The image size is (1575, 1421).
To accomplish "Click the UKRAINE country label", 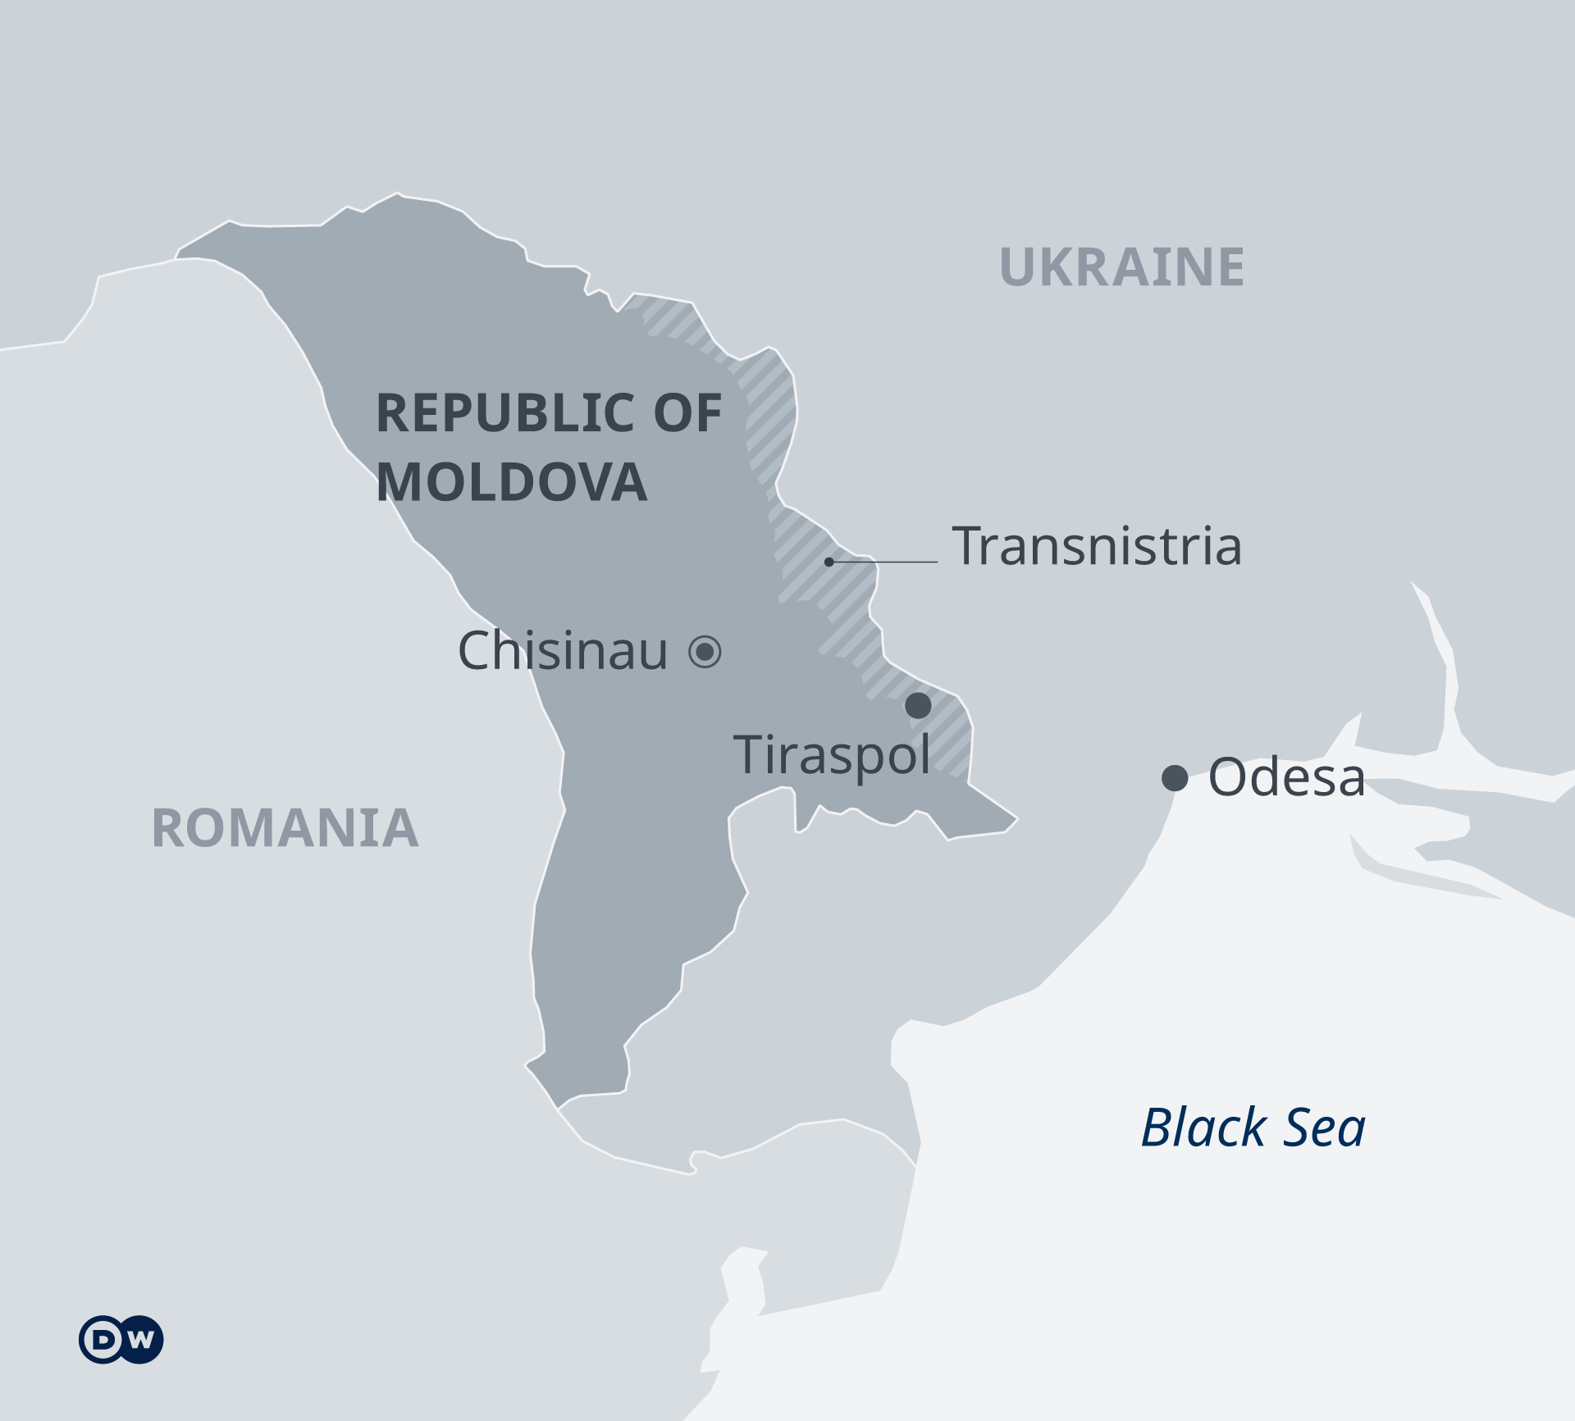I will pyautogui.click(x=1121, y=267).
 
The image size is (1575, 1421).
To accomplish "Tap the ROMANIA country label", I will pyautogui.click(x=285, y=828).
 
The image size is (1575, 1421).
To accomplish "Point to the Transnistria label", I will pyautogui.click(x=1097, y=546).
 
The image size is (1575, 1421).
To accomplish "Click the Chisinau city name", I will pyautogui.click(x=563, y=651).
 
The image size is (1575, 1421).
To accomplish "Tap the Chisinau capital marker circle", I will pyautogui.click(x=705, y=652).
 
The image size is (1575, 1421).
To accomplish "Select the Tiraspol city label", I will pyautogui.click(x=832, y=754).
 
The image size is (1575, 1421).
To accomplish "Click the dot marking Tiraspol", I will pyautogui.click(x=918, y=705).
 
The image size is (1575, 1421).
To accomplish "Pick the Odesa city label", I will pyautogui.click(x=1286, y=777).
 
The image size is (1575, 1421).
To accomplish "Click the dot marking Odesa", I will pyautogui.click(x=1175, y=777).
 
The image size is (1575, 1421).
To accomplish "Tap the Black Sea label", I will pyautogui.click(x=1253, y=1127).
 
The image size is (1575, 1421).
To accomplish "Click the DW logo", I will pyautogui.click(x=121, y=1340).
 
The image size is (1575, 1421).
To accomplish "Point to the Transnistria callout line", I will pyautogui.click(x=886, y=562).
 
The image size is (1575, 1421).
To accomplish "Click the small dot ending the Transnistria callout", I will pyautogui.click(x=829, y=562).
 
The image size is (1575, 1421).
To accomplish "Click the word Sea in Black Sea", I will pyautogui.click(x=1324, y=1127).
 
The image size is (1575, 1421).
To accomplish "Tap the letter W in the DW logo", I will pyautogui.click(x=141, y=1340).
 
